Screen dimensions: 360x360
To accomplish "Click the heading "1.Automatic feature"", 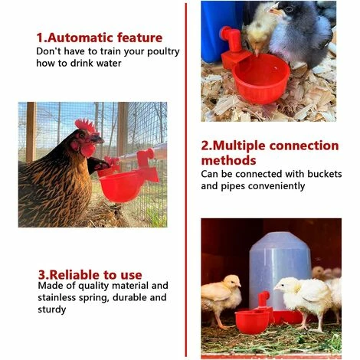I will click(x=100, y=38).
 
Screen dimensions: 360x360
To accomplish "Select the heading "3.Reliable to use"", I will click(x=90, y=274).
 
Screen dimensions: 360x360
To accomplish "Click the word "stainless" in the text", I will click(x=58, y=298).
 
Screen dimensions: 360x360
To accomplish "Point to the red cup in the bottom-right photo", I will click(x=253, y=319).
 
